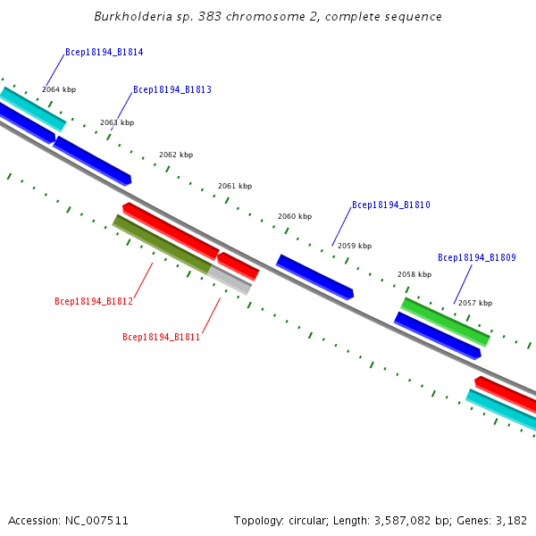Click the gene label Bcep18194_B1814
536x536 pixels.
click(x=104, y=53)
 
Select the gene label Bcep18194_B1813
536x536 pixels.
click(x=172, y=90)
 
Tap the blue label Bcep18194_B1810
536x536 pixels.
click(x=390, y=205)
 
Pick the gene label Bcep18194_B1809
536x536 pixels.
click(x=476, y=258)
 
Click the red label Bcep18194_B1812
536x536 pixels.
click(x=93, y=302)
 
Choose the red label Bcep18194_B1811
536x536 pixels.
click(x=161, y=338)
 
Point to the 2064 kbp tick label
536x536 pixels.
click(x=59, y=89)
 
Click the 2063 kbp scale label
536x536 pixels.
click(x=117, y=122)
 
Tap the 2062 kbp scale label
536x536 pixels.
click(x=176, y=155)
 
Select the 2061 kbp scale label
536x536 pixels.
click(x=235, y=187)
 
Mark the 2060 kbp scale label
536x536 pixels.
click(x=295, y=216)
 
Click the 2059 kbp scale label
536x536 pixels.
click(x=355, y=246)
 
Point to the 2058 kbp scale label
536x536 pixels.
click(x=415, y=275)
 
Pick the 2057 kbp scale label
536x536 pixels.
click(x=475, y=304)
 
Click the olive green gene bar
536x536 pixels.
click(x=162, y=244)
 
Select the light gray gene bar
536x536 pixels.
click(x=230, y=281)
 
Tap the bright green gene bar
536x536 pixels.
click(x=445, y=322)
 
